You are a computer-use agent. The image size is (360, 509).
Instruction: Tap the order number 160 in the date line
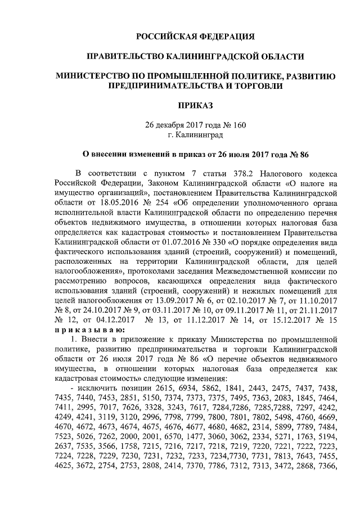pyautogui.click(x=239, y=124)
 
